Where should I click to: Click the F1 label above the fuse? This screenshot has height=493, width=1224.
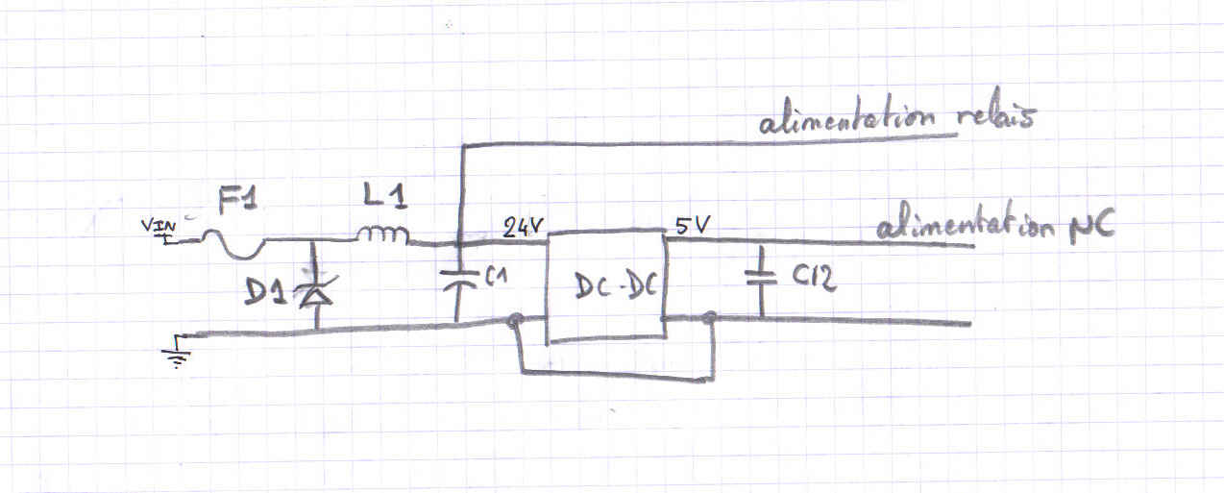pyautogui.click(x=237, y=203)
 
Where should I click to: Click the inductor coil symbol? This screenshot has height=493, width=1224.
pyautogui.click(x=382, y=235)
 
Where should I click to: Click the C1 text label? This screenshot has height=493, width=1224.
pyautogui.click(x=495, y=280)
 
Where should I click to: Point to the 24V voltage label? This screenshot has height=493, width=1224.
pyautogui.click(x=524, y=229)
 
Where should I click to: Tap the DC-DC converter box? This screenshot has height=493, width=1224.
pyautogui.click(x=606, y=286)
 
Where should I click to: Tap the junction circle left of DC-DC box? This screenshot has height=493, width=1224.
pyautogui.click(x=517, y=322)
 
